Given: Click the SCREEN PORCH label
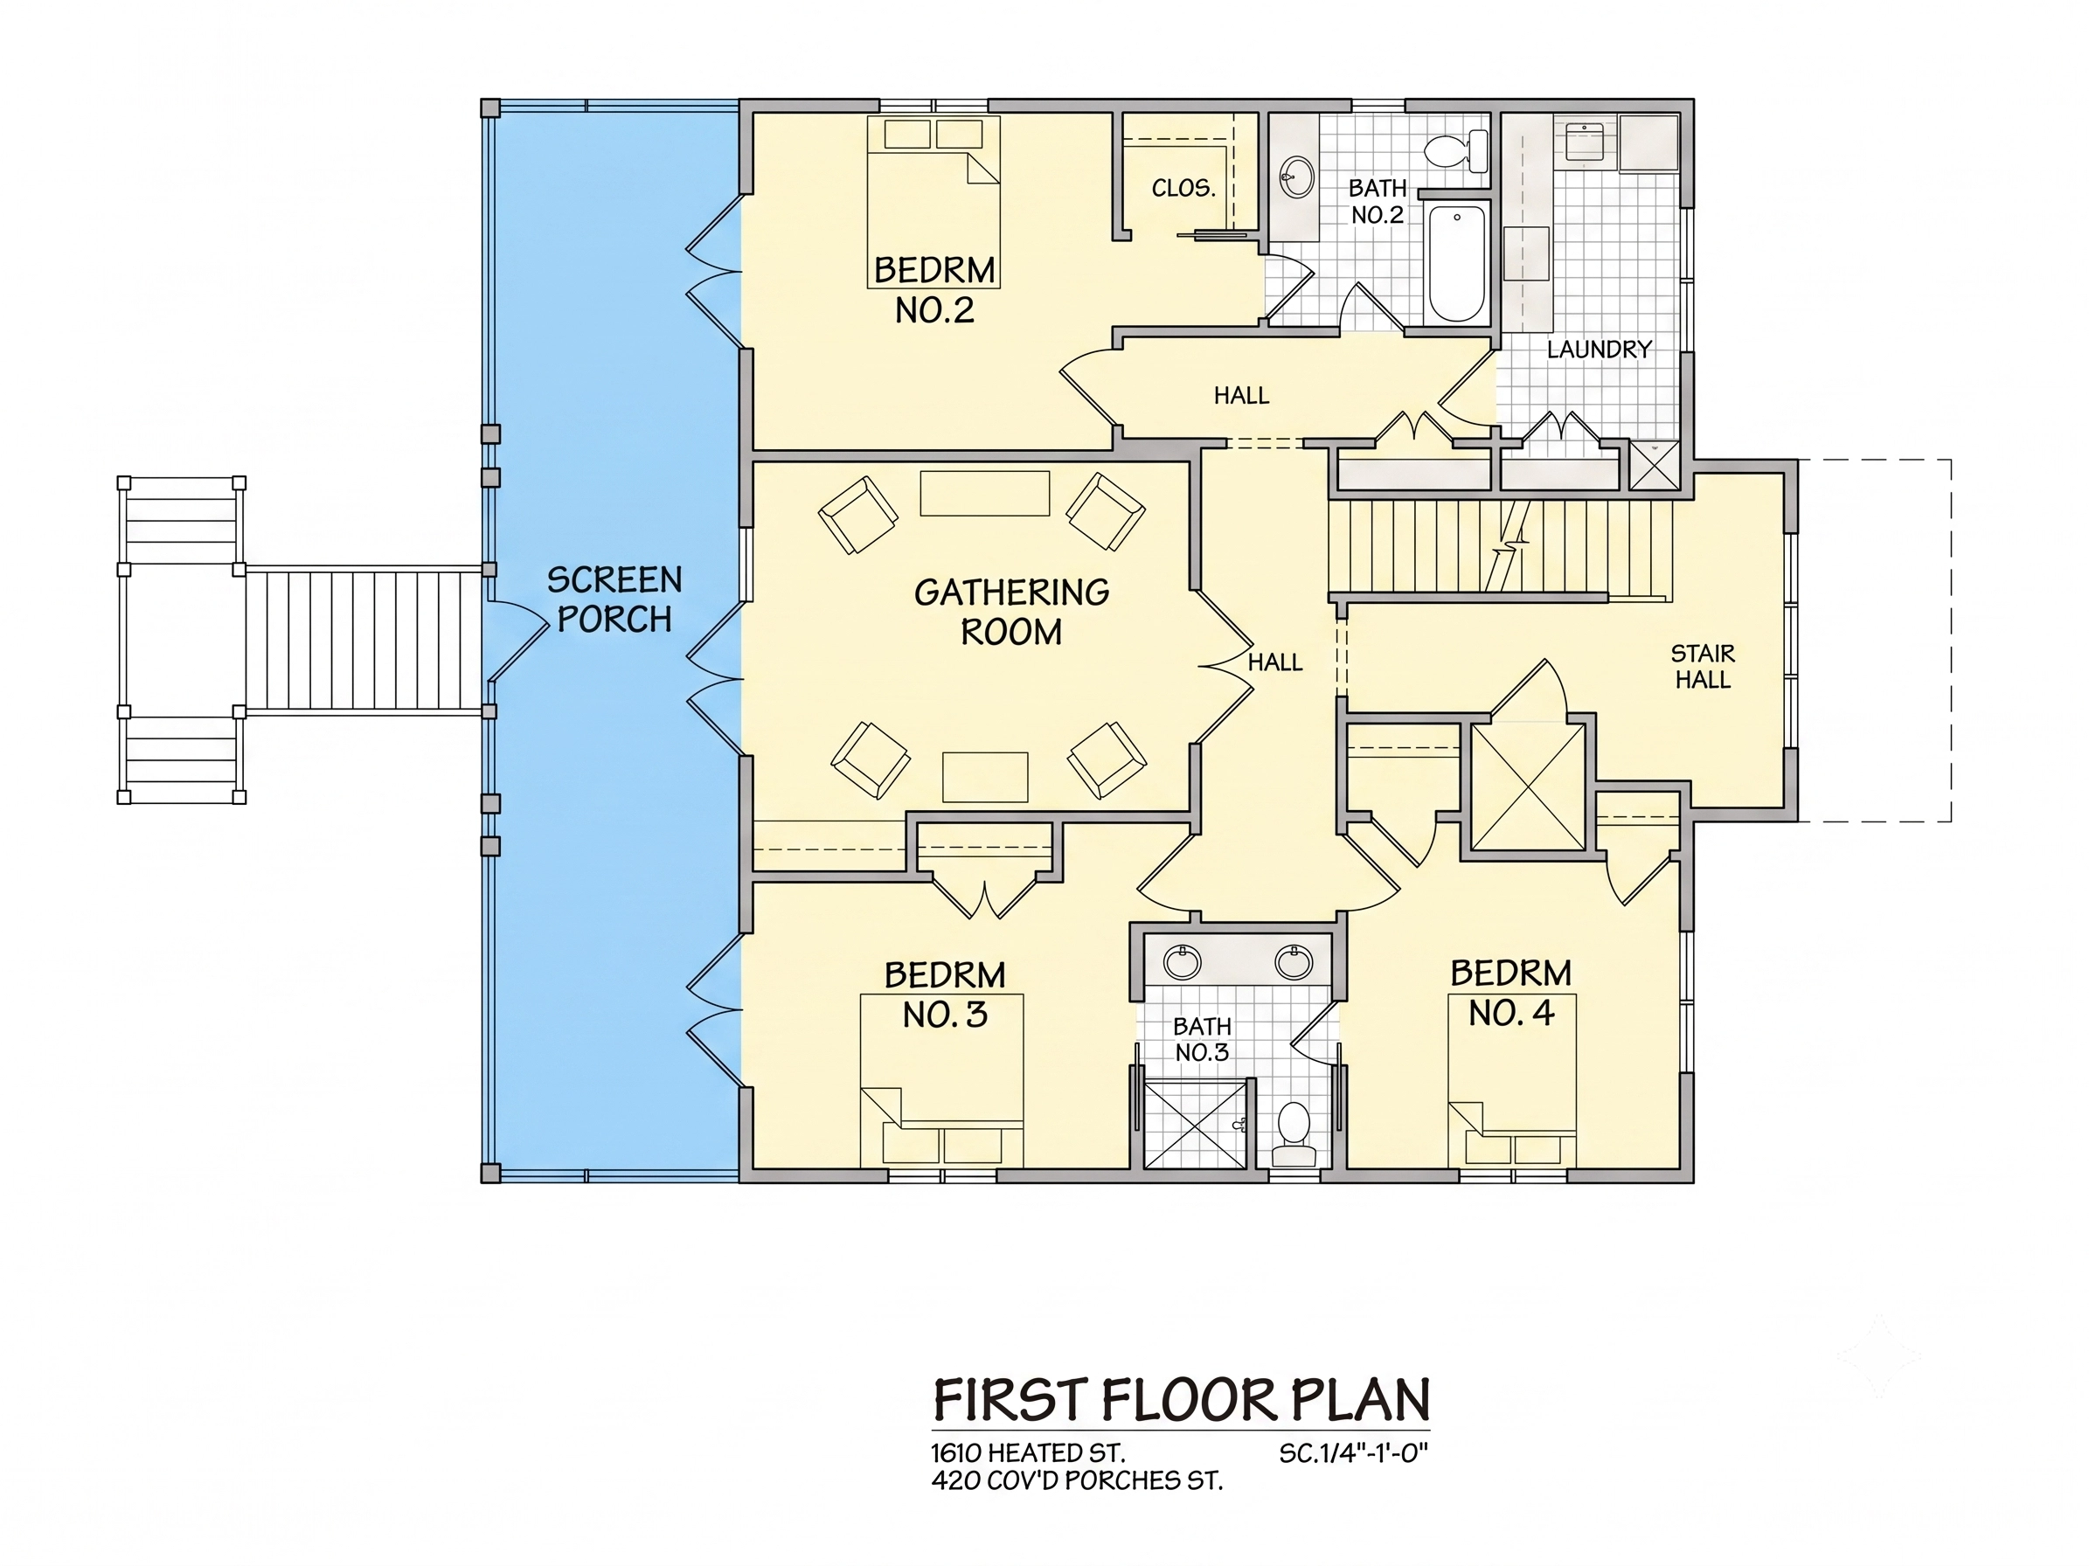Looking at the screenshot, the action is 614,599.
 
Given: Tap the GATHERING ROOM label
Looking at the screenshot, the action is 1011,612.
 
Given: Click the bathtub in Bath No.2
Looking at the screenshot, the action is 1456,263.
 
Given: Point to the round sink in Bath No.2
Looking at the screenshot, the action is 1298,177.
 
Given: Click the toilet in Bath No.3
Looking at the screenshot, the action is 1293,1133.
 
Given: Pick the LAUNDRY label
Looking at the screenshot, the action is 1599,350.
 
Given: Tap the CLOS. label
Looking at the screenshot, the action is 1183,188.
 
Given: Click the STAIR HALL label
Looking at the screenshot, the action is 1703,667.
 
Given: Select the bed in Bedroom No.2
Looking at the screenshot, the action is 933,202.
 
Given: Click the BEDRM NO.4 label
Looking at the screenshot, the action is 1511,993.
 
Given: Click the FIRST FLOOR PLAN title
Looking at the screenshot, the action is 1182,1400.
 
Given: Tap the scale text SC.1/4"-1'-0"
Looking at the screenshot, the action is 1353,1452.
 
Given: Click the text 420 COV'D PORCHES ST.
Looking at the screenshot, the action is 1077,1481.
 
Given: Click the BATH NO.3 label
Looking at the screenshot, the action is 1201,1039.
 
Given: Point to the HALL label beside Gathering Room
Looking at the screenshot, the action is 1275,662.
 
